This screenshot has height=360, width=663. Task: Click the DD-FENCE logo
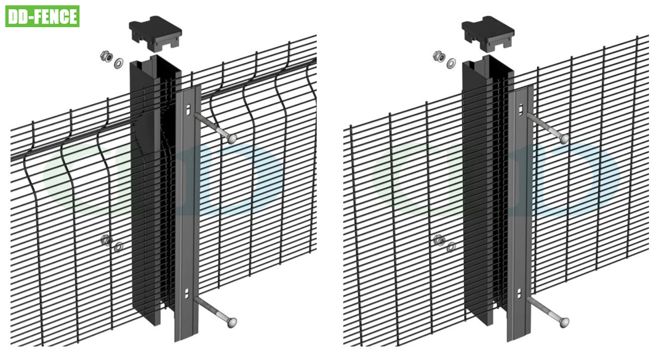[x=42, y=16]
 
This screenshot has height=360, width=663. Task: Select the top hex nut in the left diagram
[x=105, y=56]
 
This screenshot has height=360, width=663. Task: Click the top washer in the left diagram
[x=119, y=63]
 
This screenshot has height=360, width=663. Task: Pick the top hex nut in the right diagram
[x=438, y=56]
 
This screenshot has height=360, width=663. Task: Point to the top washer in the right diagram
[x=451, y=63]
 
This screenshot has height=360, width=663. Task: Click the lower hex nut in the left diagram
[x=106, y=240]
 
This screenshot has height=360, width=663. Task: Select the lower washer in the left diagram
[x=119, y=247]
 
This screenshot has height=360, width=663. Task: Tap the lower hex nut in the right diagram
[x=439, y=240]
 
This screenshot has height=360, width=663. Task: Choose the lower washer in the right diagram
[x=452, y=247]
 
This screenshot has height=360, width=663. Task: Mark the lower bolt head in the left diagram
[x=231, y=322]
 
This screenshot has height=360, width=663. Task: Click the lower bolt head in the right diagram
[x=564, y=322]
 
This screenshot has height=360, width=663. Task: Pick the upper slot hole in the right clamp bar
[x=519, y=109]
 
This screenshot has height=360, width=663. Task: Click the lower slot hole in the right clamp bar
[x=520, y=292]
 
